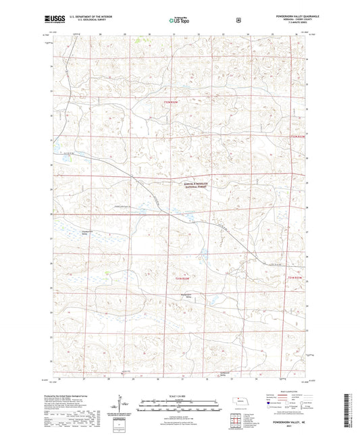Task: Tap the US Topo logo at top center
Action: click(x=178, y=21)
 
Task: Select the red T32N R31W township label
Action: click(x=298, y=137)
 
